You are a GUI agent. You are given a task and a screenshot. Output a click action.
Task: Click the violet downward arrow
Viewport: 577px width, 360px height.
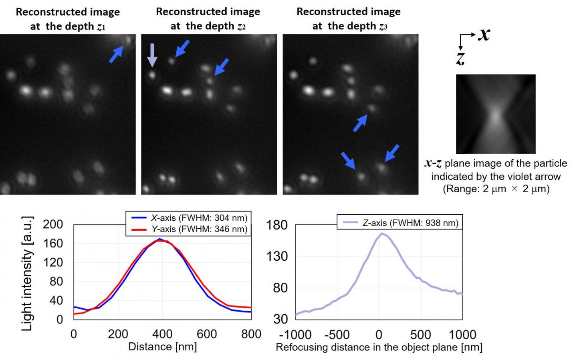pyautogui.click(x=152, y=55)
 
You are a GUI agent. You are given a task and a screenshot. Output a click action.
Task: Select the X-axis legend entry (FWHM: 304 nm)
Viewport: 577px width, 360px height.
pyautogui.click(x=189, y=218)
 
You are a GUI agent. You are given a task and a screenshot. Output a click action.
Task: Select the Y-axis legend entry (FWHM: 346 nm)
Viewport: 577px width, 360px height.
pyautogui.click(x=189, y=229)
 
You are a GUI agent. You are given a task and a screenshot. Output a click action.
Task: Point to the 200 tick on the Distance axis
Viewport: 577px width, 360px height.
pyautogui.click(x=118, y=334)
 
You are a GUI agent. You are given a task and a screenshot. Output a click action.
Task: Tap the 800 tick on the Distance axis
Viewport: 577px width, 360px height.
pyautogui.click(x=251, y=334)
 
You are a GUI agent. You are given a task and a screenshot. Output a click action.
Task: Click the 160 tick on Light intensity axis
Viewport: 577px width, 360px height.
pyautogui.click(x=53, y=243)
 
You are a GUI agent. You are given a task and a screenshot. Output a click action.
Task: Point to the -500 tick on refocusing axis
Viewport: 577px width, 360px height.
pyautogui.click(x=337, y=334)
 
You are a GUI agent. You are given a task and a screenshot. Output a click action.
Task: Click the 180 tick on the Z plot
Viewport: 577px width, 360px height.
pyautogui.click(x=277, y=225)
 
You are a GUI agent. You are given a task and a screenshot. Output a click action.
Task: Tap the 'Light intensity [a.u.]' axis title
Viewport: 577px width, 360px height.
pyautogui.click(x=26, y=274)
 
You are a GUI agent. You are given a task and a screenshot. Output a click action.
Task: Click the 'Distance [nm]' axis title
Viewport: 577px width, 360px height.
pyautogui.click(x=162, y=347)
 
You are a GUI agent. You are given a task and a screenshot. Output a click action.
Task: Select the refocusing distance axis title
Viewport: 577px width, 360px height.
pyautogui.click(x=379, y=347)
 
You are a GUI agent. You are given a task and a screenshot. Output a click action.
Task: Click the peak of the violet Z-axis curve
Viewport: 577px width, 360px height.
pyautogui.click(x=382, y=233)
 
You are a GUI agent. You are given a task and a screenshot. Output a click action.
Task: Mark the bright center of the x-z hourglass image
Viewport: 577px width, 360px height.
pyautogui.click(x=496, y=116)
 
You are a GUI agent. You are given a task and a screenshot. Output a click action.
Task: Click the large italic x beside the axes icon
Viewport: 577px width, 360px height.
pyautogui.click(x=484, y=34)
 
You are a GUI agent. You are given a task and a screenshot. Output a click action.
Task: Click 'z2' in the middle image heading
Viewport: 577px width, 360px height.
pyautogui.click(x=241, y=27)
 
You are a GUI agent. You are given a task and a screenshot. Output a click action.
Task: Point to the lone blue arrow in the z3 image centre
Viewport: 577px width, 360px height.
pyautogui.click(x=360, y=123)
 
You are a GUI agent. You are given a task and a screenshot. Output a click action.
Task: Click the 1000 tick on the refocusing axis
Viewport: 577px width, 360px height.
pyautogui.click(x=462, y=334)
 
